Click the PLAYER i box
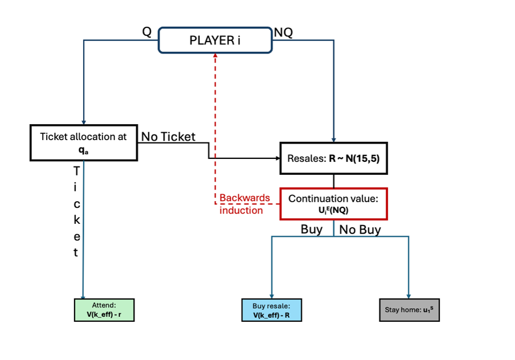pyautogui.click(x=215, y=40)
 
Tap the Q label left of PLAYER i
pyautogui.click(x=147, y=32)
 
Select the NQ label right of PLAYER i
pyautogui.click(x=283, y=32)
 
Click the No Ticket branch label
pyautogui.click(x=168, y=136)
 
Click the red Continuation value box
pyautogui.click(x=333, y=203)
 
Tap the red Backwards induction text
pyautogui.click(x=244, y=204)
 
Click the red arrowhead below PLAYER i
pyautogui.click(x=215, y=56)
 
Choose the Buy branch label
pyautogui.click(x=312, y=229)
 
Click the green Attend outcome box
pyautogui.click(x=104, y=310)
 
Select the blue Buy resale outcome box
pyautogui.click(x=271, y=310)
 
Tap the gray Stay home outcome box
pyautogui.click(x=409, y=310)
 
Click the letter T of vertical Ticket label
pyautogui.click(x=76, y=170)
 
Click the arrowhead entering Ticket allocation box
pyautogui.click(x=84, y=122)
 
